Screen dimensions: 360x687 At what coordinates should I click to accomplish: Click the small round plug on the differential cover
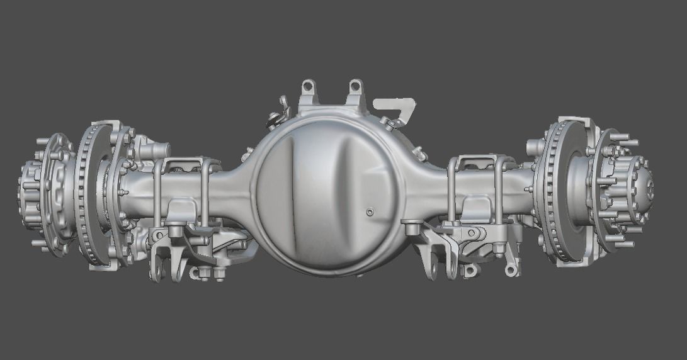[x=370, y=212]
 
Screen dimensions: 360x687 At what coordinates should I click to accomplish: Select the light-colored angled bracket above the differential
[x=396, y=108]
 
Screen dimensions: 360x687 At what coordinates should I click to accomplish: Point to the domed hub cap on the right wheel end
[x=642, y=185]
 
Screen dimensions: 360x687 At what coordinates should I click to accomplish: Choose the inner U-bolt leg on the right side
[x=452, y=189]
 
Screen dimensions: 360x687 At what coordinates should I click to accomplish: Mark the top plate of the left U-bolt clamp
[x=183, y=165]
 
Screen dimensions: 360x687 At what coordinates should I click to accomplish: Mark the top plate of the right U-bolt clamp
[x=479, y=162]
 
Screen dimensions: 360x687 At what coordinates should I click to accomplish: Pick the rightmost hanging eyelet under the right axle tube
[x=511, y=269]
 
